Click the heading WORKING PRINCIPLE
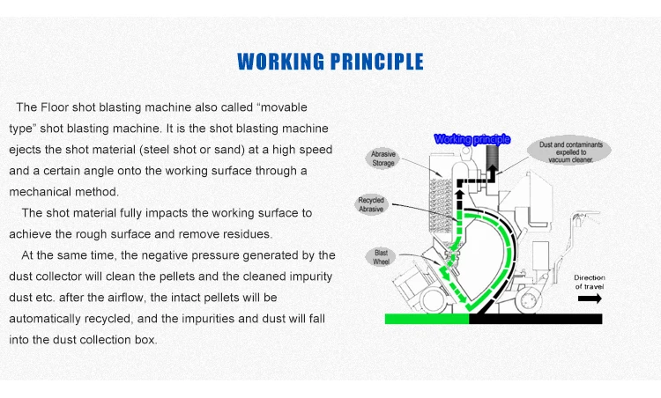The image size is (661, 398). (x=330, y=62)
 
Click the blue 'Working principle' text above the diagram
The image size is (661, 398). (x=473, y=139)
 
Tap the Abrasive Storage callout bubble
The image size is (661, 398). (x=385, y=158)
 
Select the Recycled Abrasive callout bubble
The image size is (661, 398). (x=372, y=205)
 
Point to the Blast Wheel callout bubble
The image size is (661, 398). (x=382, y=257)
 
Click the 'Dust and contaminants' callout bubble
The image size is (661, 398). (x=566, y=151)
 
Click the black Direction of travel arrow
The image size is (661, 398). (x=590, y=298)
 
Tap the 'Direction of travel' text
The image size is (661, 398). (x=590, y=283)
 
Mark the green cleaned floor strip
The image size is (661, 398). (x=427, y=318)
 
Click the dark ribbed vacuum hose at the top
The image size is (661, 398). (x=492, y=159)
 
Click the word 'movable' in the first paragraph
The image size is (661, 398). (x=283, y=107)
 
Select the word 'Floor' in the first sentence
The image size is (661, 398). (x=56, y=107)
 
